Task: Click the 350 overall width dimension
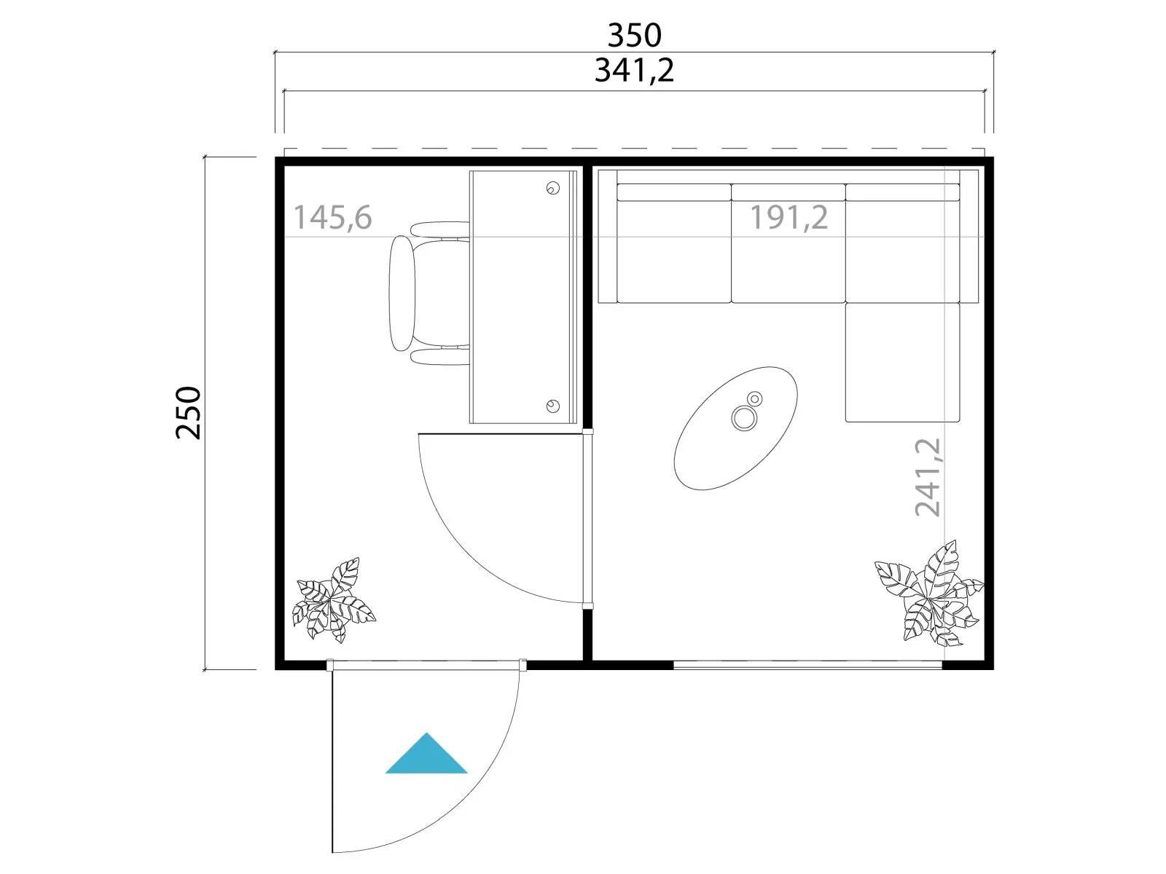[x=634, y=36]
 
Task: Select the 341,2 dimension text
[x=634, y=71]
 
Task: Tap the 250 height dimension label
[x=189, y=413]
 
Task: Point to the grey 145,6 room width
[x=332, y=218]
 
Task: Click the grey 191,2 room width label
[x=789, y=218]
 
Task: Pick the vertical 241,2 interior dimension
[x=928, y=477]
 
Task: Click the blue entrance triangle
[x=426, y=754]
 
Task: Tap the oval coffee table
[x=736, y=428]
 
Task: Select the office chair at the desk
[x=429, y=294]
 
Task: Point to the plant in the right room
[x=930, y=594]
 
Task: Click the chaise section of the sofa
[x=902, y=363]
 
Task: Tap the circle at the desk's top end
[x=553, y=188]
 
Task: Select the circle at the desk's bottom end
[x=553, y=406]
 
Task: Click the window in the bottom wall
[x=808, y=664]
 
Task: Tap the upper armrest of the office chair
[x=440, y=229]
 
